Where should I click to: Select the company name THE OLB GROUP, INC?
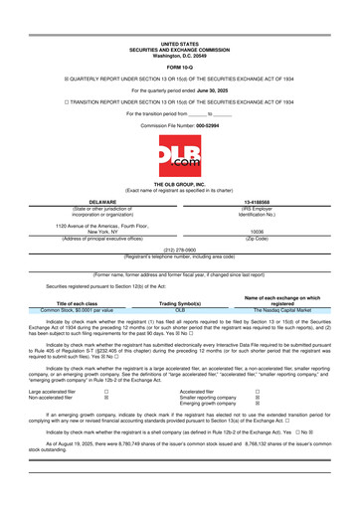pyautogui.click(x=179, y=186)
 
